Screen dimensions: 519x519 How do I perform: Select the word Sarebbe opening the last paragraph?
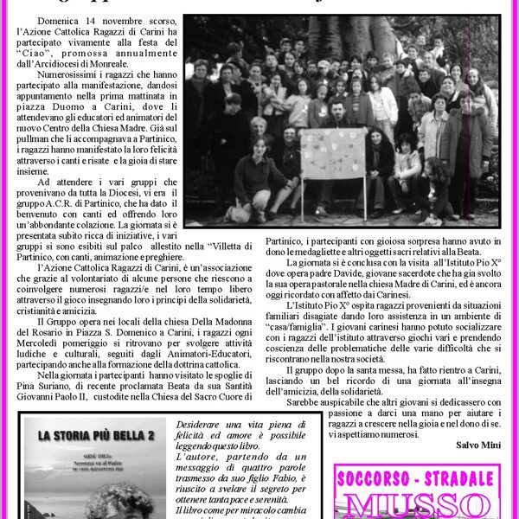click(x=308, y=401)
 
